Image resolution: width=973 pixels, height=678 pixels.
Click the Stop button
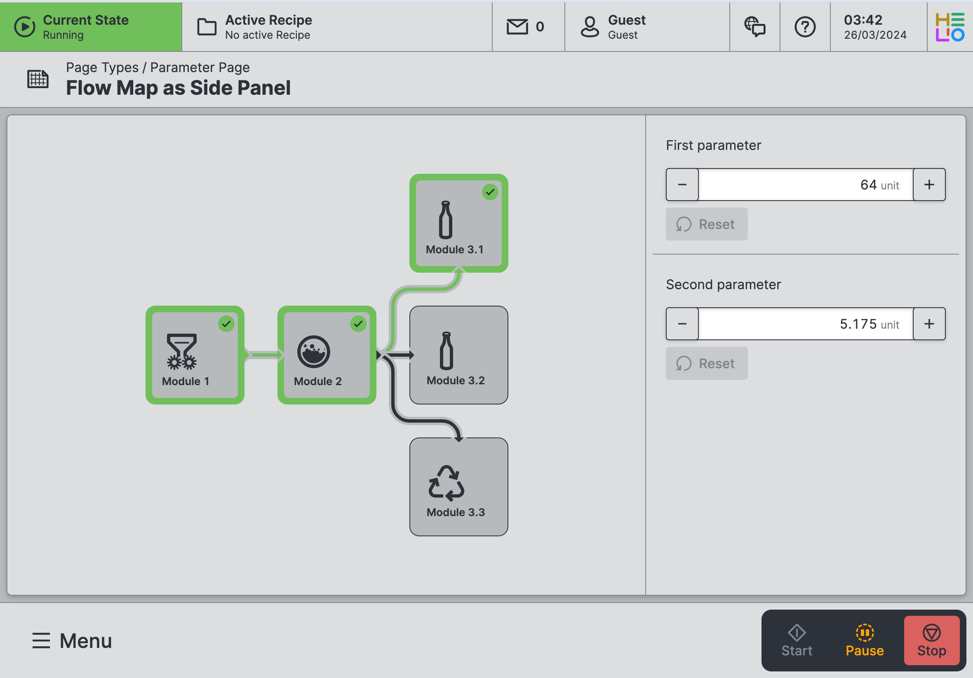pyautogui.click(x=931, y=640)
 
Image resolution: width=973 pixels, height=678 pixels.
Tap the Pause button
pyautogui.click(x=865, y=640)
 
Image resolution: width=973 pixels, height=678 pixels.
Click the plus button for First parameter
pyautogui.click(x=929, y=185)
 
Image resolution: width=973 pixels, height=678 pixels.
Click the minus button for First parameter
pyautogui.click(x=682, y=185)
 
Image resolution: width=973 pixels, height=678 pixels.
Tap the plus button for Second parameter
pyautogui.click(x=929, y=324)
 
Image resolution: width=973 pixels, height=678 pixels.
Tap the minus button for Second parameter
pyautogui.click(x=682, y=324)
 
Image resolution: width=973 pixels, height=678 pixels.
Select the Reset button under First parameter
pyautogui.click(x=706, y=224)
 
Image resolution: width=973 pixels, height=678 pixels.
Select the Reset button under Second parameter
pyautogui.click(x=706, y=363)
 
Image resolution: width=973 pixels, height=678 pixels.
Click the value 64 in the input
pyautogui.click(x=868, y=185)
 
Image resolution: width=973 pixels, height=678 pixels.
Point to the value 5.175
pyautogui.click(x=858, y=324)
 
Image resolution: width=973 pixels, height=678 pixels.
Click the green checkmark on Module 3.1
pyautogui.click(x=490, y=192)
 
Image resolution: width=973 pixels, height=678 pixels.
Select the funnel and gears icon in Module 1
pyautogui.click(x=182, y=351)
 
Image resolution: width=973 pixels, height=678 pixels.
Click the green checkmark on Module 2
pyautogui.click(x=358, y=324)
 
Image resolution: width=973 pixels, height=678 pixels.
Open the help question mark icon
pyautogui.click(x=805, y=27)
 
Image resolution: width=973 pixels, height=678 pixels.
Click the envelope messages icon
pyautogui.click(x=517, y=27)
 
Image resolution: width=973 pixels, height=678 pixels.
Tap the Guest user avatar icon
pyautogui.click(x=590, y=27)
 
